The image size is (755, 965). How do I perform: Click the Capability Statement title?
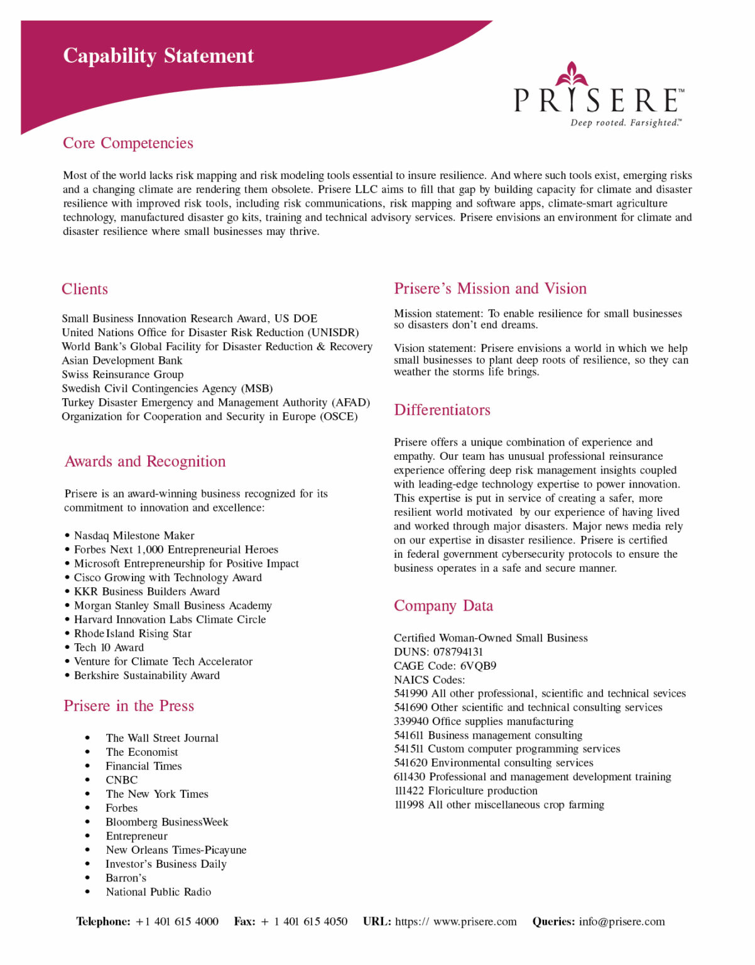[158, 56]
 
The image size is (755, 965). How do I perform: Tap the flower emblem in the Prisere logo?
[572, 75]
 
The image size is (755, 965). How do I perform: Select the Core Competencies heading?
[128, 143]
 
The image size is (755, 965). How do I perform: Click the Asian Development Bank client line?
[122, 361]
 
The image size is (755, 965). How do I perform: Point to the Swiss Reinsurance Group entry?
[122, 374]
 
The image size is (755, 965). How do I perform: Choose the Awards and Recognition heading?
[145, 462]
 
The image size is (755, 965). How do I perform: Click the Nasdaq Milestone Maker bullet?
[134, 536]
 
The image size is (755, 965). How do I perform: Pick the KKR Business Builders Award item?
[146, 592]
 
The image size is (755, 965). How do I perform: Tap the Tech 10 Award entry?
[109, 648]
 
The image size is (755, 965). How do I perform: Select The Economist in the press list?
[142, 753]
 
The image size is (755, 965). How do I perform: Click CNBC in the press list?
[122, 780]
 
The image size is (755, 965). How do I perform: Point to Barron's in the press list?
[126, 878]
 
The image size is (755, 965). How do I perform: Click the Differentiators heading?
[442, 410]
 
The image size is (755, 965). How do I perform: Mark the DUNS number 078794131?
[459, 652]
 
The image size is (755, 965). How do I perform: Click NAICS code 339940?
[411, 722]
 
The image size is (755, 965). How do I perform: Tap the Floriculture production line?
[482, 791]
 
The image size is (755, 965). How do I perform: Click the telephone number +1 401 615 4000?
[177, 922]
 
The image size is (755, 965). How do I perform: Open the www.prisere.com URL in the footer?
[475, 922]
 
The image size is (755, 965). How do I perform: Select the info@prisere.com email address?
[622, 922]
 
